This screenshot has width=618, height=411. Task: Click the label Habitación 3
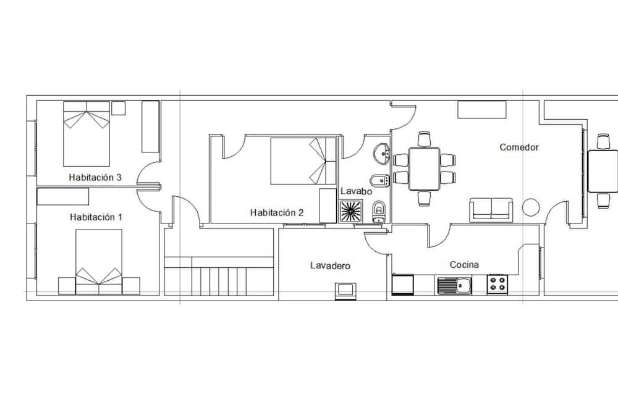[x=95, y=178]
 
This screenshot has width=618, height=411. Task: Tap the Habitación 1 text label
[x=96, y=217]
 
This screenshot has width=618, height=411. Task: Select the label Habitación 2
[x=277, y=213]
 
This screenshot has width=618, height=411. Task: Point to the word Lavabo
[x=357, y=191]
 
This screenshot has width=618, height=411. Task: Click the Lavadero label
[x=330, y=266]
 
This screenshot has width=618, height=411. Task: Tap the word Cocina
[x=464, y=265]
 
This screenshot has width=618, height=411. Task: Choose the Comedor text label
[x=519, y=147]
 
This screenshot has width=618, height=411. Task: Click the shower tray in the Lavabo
[x=351, y=211]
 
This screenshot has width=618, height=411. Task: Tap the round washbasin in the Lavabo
[x=381, y=154]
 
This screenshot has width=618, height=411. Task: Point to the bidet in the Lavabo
[x=380, y=181]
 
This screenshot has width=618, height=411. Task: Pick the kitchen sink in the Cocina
[x=454, y=285]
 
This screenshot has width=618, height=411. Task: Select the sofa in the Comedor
[x=491, y=209]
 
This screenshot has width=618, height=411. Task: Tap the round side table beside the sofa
[x=531, y=207]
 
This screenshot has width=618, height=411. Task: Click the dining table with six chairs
[x=424, y=168]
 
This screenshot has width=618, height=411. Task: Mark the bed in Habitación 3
[x=87, y=134]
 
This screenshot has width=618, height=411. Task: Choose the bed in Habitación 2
[x=303, y=161]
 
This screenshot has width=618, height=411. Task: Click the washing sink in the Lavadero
[x=345, y=291]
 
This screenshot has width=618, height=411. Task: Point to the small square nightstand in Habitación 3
[x=118, y=108]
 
